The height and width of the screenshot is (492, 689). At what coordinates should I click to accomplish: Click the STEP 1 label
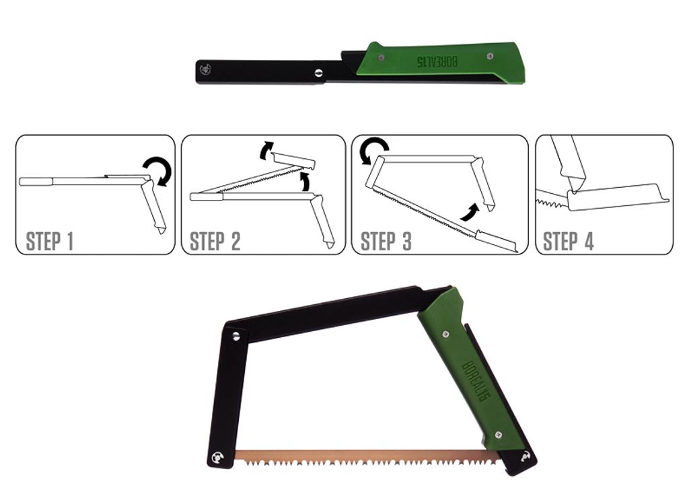click(50, 242)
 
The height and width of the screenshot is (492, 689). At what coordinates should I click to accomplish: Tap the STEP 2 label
click(215, 242)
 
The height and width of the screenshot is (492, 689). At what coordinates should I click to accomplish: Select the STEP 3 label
click(386, 242)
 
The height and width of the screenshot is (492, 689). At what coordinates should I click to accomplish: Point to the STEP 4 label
click(568, 242)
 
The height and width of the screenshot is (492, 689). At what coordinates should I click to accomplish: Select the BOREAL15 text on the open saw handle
click(476, 381)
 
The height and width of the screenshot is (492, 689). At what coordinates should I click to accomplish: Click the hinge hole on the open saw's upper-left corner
click(236, 337)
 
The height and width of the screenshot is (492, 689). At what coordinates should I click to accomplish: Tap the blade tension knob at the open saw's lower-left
click(217, 457)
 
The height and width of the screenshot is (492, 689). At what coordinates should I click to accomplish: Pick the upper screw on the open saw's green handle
click(446, 334)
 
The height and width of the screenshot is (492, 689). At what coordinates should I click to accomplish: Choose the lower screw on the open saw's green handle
click(499, 435)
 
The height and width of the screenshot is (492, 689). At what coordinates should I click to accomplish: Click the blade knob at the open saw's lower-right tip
click(525, 457)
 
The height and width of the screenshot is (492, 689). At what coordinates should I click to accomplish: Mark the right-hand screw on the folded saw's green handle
click(490, 56)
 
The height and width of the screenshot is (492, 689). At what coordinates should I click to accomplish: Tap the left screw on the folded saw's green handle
click(382, 57)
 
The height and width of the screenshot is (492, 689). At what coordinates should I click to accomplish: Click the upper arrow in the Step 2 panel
click(266, 149)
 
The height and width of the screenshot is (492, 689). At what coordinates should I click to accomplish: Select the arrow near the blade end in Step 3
click(470, 211)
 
